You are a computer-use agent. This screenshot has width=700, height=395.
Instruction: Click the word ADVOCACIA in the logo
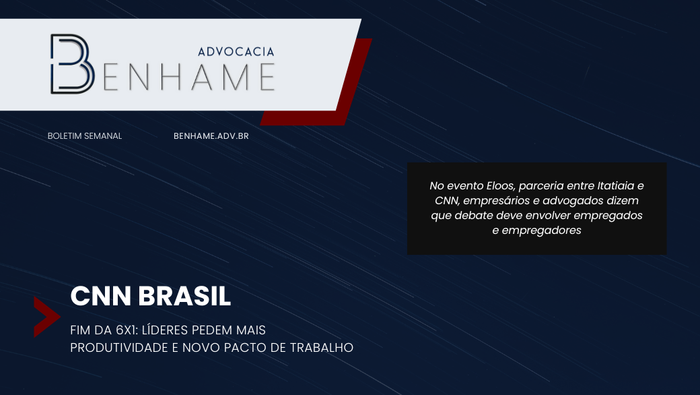pos(236,52)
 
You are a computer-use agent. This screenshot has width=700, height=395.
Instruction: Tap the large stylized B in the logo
pos(72,64)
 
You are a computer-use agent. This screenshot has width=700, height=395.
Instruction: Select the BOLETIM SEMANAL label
pos(85,136)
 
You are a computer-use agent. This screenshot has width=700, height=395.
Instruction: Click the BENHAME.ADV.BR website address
pos(211,136)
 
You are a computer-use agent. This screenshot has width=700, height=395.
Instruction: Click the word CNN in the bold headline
pos(101,296)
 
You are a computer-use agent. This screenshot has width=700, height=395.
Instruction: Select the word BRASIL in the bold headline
pos(184,296)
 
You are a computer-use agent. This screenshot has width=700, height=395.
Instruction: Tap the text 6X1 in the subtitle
pos(127,330)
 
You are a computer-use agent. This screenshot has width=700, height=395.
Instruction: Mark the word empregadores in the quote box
pos(542,231)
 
